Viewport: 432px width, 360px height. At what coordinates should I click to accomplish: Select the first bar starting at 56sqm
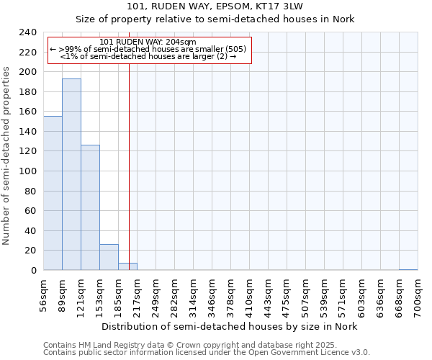coord(53,193)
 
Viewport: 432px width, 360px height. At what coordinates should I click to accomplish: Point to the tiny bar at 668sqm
coord(408,269)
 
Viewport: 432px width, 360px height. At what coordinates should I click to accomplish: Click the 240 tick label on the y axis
coord(28,32)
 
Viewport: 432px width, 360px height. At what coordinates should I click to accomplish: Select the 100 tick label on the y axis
coord(28,171)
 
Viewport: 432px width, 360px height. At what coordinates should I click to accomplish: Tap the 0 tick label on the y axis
coord(34,271)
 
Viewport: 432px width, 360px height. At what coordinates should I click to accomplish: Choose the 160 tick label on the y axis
coord(28,112)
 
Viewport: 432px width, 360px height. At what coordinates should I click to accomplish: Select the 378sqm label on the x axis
coord(231,295)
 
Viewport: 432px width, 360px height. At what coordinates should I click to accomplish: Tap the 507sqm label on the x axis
coord(306,295)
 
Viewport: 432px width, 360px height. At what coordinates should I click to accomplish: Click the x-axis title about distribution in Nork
coord(229,326)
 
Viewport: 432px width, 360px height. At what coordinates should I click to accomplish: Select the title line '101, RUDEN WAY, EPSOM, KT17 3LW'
coord(216,6)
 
